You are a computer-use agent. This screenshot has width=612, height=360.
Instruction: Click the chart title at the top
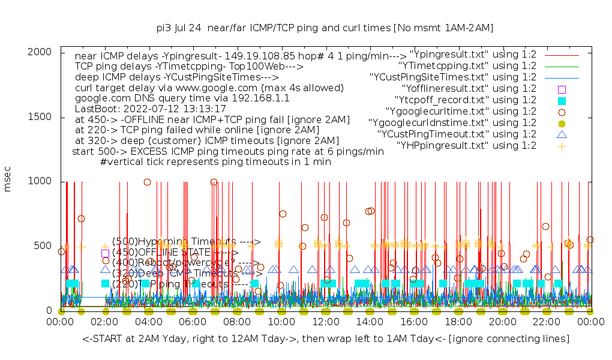325,28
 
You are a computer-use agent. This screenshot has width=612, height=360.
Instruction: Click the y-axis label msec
8,179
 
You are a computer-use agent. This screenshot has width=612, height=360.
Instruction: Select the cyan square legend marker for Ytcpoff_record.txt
562,100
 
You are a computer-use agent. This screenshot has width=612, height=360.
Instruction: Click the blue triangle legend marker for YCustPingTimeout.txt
562,134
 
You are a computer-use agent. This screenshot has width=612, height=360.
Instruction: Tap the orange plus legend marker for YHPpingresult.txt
562,146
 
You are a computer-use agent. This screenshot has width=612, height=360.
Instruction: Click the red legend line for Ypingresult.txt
562,55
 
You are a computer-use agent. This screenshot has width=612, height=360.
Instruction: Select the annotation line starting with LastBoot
151,109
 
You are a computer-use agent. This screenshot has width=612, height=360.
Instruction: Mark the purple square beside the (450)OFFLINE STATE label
105,253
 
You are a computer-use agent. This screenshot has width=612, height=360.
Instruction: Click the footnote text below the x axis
326,339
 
